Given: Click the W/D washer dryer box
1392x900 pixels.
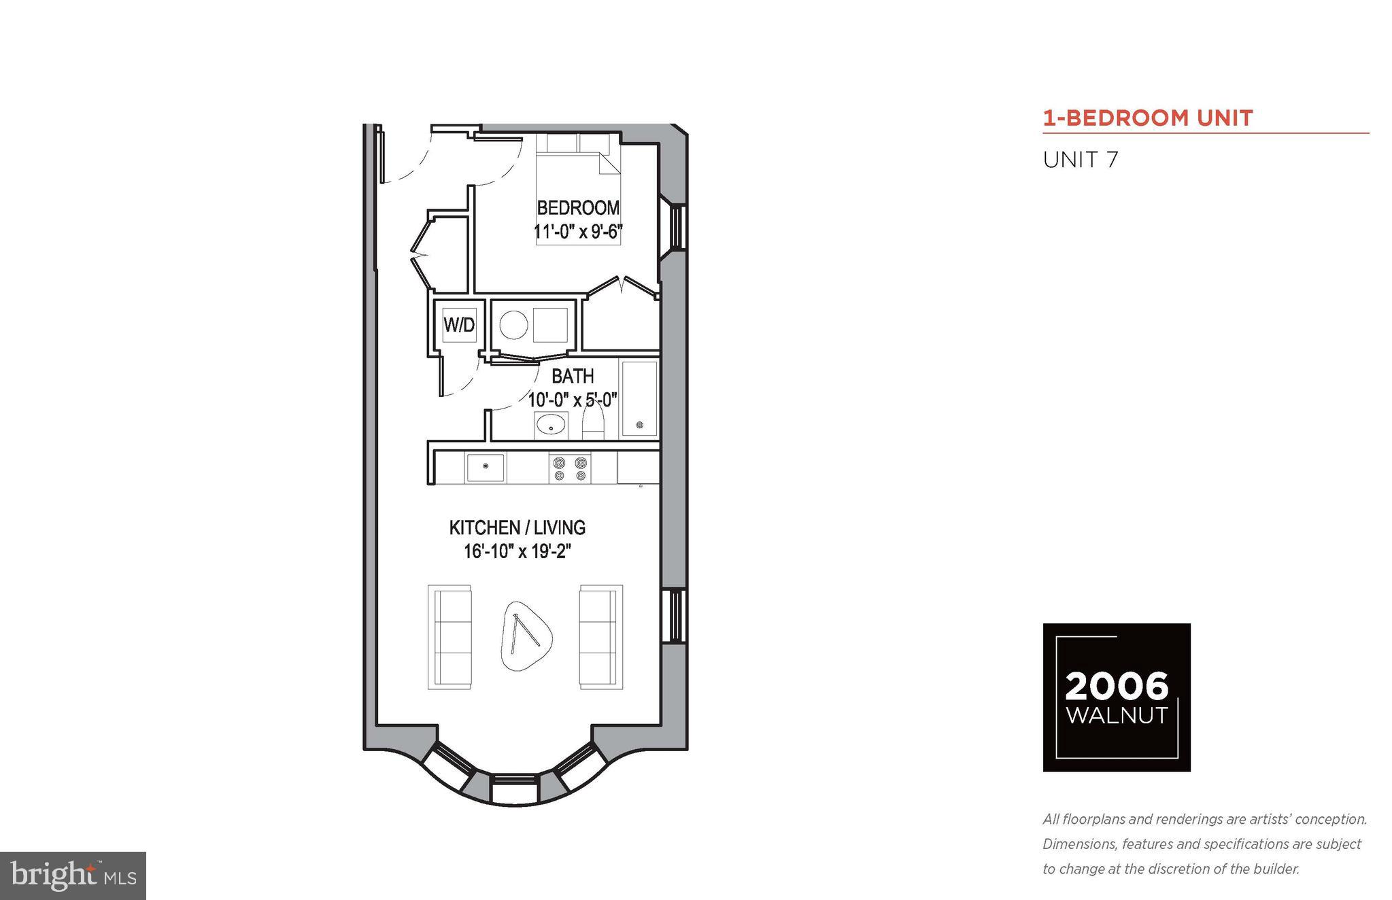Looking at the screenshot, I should coord(459,324).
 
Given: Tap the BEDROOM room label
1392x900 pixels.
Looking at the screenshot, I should coord(578,207).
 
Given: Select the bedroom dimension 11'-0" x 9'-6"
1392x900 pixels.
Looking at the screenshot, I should coord(578,232).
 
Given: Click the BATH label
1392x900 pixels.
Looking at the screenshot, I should coord(572,376).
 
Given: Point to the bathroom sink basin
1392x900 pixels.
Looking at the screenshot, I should coord(550,425).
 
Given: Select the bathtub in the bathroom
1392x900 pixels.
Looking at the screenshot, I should coord(639,398).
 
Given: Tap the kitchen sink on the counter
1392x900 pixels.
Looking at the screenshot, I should coord(485,468).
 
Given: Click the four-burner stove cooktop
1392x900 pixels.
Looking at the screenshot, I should coord(570,468).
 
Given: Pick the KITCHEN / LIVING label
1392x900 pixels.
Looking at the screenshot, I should coord(517,527).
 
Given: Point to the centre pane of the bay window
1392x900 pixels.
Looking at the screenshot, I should coord(515,788).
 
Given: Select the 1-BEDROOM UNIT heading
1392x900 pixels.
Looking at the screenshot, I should coord(1148,118).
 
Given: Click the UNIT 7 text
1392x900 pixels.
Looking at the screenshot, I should coord(1081,160).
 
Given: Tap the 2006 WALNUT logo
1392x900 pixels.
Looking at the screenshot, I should coord(1117,697).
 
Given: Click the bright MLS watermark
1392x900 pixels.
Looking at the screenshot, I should coord(73,876).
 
